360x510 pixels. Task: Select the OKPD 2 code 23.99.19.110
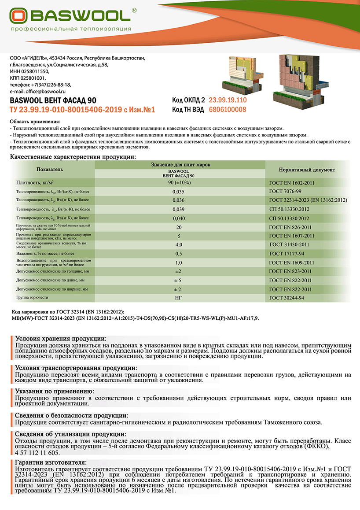pos(228,100)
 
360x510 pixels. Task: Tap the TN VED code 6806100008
pos(227,110)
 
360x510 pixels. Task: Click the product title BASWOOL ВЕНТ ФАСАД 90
pos(52,100)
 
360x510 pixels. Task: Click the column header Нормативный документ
pos(307,170)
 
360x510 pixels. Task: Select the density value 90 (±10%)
pos(178,182)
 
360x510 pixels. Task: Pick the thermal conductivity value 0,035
pos(178,192)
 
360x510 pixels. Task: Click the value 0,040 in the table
pos(178,218)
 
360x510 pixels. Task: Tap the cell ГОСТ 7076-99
pos(285,192)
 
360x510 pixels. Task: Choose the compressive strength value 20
pos(178,227)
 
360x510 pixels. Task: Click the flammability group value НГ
pos(178,298)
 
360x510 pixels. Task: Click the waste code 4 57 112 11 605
pos(37,452)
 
